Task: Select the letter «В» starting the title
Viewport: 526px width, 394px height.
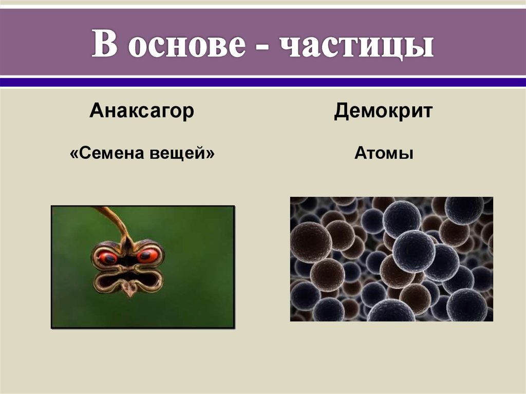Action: (x=106, y=46)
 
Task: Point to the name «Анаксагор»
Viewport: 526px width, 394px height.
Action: (x=142, y=111)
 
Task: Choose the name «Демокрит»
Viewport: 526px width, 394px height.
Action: (x=383, y=111)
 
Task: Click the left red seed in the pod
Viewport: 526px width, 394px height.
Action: (x=108, y=257)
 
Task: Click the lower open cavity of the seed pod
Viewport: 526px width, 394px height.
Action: (x=128, y=280)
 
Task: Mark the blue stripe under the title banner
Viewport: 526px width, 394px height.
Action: (x=263, y=82)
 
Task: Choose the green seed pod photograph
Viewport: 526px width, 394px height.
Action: (x=195, y=288)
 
